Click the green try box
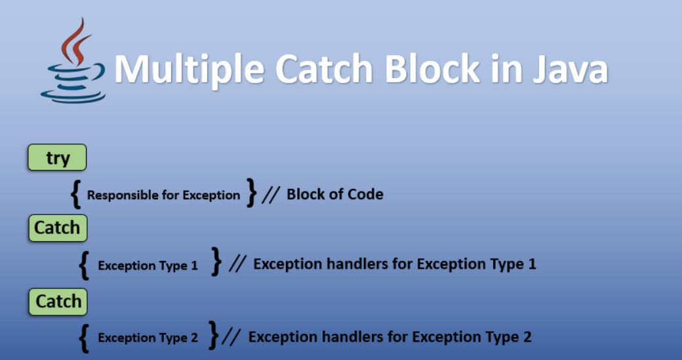pyautogui.click(x=57, y=158)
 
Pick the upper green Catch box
pyautogui.click(x=57, y=228)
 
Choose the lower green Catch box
pyautogui.click(x=57, y=302)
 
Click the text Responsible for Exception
pyautogui.click(x=163, y=195)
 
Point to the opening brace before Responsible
pyautogui.click(x=76, y=193)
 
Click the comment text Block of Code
pyautogui.click(x=334, y=194)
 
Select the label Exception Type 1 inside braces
pyautogui.click(x=148, y=266)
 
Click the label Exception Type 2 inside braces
pyautogui.click(x=148, y=338)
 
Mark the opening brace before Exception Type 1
pyautogui.click(x=83, y=264)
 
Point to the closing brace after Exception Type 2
pyautogui.click(x=213, y=335)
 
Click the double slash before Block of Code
pyautogui.click(x=271, y=194)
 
